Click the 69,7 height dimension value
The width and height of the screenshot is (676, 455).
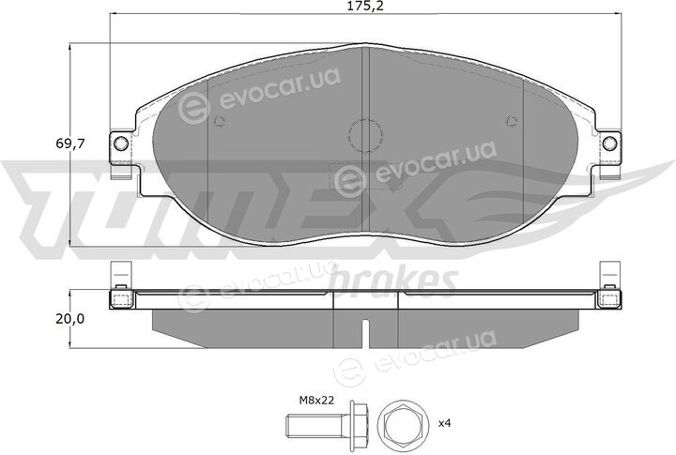pos(69,144)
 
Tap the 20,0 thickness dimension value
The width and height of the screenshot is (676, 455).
pos(69,319)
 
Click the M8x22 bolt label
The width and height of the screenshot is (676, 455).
pos(317,401)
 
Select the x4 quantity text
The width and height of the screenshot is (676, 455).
pos(444,423)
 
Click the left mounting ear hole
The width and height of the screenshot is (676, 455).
pos(121,143)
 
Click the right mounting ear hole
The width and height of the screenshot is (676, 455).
pos(609,143)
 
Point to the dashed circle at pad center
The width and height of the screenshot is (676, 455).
pos(365,135)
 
